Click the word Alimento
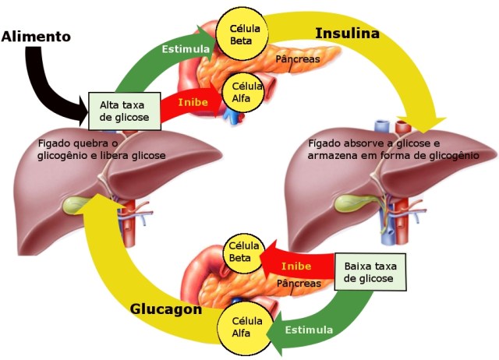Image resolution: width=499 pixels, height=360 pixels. tap(36, 36)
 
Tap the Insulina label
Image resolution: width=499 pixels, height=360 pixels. tap(347, 34)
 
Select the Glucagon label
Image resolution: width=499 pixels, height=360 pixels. tap(166, 309)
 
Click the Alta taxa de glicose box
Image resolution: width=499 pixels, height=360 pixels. tap(125, 110)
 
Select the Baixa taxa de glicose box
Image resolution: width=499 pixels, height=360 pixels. tap(370, 270)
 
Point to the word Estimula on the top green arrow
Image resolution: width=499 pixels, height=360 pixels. tap(185, 49)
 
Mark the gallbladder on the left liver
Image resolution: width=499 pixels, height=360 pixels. tap(79, 204)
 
